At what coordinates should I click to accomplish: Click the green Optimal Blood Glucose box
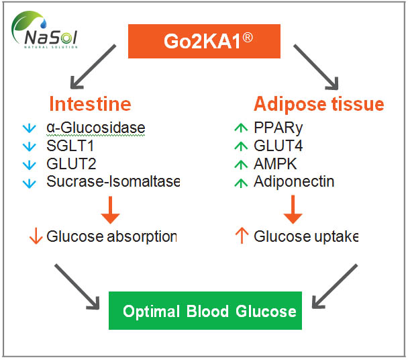click(209, 312)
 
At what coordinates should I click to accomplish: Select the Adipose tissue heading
click(318, 105)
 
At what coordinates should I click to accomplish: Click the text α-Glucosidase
click(95, 128)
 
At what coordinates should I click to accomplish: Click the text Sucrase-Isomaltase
click(113, 181)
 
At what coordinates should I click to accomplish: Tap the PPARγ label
click(274, 128)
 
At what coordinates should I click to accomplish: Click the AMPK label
click(272, 163)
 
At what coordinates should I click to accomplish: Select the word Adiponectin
click(293, 181)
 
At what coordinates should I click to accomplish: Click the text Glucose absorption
click(111, 236)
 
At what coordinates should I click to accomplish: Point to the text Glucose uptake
click(306, 236)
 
